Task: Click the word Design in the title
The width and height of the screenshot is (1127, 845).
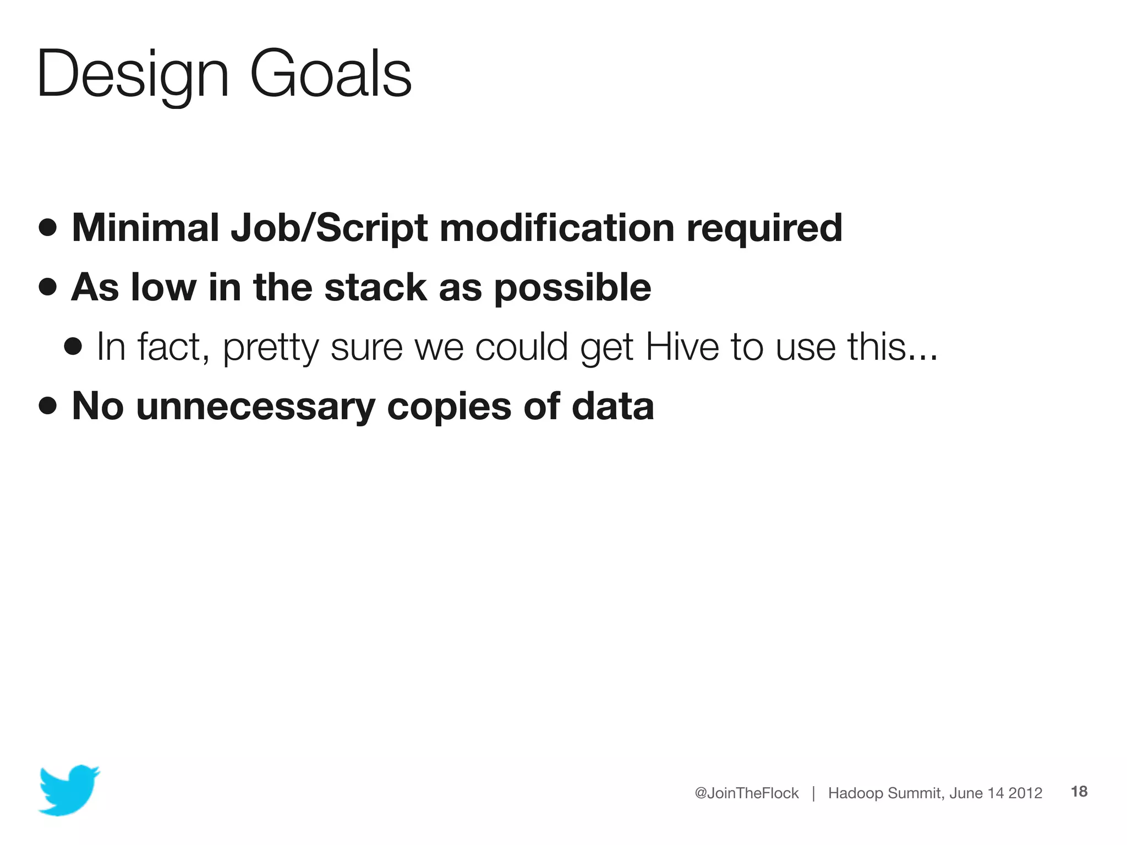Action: tap(132, 74)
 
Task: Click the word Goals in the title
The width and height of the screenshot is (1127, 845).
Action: tap(330, 74)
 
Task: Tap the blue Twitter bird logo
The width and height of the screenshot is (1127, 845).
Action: tap(69, 789)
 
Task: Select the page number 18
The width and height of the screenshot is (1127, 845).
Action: tap(1079, 792)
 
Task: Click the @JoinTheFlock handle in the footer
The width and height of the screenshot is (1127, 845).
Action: tap(746, 793)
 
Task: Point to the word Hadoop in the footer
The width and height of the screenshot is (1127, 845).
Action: tap(856, 793)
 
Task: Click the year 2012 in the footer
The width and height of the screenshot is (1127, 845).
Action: tap(1025, 793)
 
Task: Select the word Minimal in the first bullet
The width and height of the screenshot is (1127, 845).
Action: tap(145, 228)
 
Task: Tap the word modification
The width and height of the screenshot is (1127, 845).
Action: tap(557, 228)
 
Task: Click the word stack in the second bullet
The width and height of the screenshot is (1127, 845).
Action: tap(375, 287)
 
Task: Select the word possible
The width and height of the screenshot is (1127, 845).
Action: tap(572, 288)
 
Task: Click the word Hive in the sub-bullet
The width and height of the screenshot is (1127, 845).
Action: tap(682, 347)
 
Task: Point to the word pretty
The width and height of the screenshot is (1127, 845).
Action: tap(271, 348)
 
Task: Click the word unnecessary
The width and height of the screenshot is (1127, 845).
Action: tap(255, 407)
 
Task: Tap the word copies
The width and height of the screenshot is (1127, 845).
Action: tap(449, 407)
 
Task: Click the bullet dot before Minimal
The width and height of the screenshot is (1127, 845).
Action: tap(48, 227)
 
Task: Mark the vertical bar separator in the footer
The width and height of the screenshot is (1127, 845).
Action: tap(813, 793)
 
